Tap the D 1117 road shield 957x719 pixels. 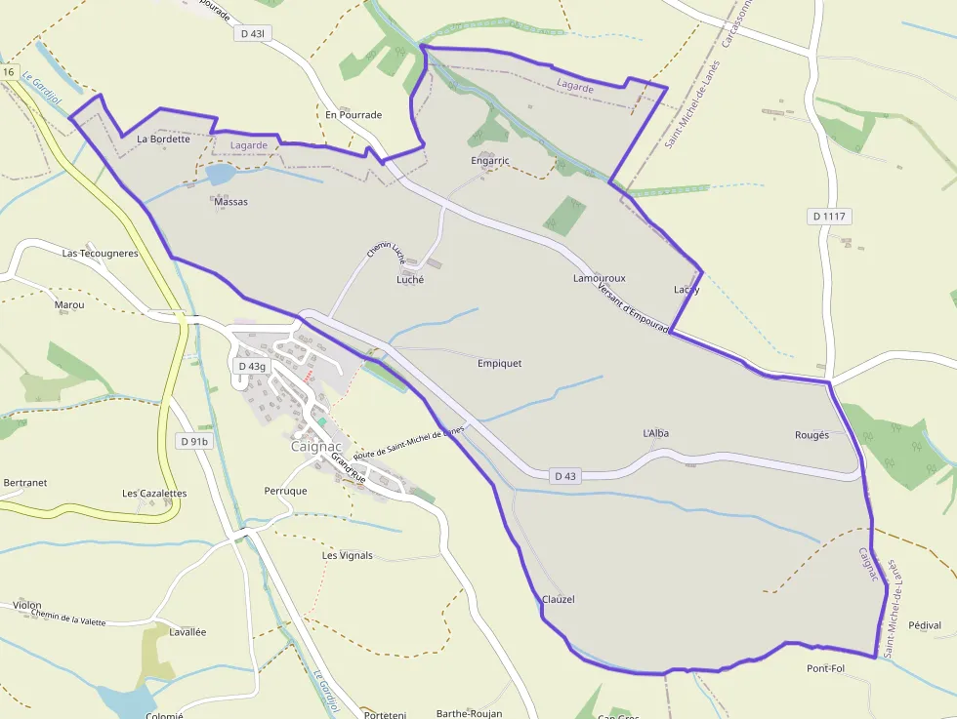pyautogui.click(x=831, y=216)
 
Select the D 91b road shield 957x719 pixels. pyautogui.click(x=194, y=442)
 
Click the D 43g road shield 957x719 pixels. pyautogui.click(x=252, y=366)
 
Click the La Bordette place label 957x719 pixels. pyautogui.click(x=163, y=140)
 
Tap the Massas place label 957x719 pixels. pyautogui.click(x=229, y=202)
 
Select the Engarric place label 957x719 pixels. pyautogui.click(x=490, y=161)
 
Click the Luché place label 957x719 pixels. pyautogui.click(x=410, y=280)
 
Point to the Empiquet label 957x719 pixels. pyautogui.click(x=499, y=364)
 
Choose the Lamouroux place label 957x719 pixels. pyautogui.click(x=600, y=279)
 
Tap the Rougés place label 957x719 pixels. pyautogui.click(x=811, y=435)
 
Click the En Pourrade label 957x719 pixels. pyautogui.click(x=354, y=115)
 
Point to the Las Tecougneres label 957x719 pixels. pyautogui.click(x=101, y=254)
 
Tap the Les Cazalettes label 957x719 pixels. pyautogui.click(x=154, y=494)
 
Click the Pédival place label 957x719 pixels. pyautogui.click(x=924, y=625)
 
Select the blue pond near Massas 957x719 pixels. pyautogui.click(x=220, y=175)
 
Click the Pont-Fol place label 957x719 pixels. pyautogui.click(x=825, y=668)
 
